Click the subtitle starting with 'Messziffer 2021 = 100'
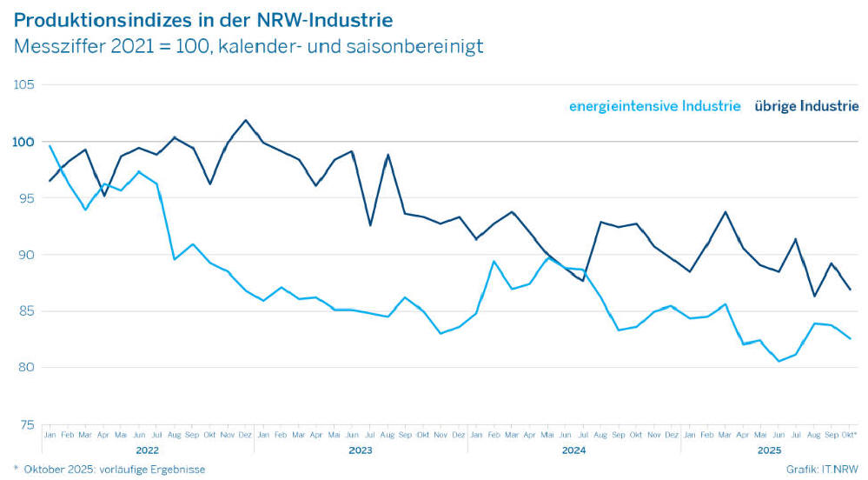click(248, 46)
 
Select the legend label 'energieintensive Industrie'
click(654, 106)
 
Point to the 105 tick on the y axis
click(23, 84)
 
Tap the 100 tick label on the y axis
click(23, 141)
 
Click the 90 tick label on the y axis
click(24, 254)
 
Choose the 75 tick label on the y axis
click(24, 424)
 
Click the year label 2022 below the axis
click(148, 450)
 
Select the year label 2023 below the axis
click(360, 450)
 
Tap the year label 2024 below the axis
click(573, 450)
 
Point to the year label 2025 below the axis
click(769, 450)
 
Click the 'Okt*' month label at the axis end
click(850, 434)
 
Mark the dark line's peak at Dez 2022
click(245, 120)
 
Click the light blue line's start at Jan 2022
click(50, 146)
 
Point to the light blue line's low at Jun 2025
click(779, 361)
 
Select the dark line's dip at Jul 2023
click(370, 225)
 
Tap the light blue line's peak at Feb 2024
click(494, 261)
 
